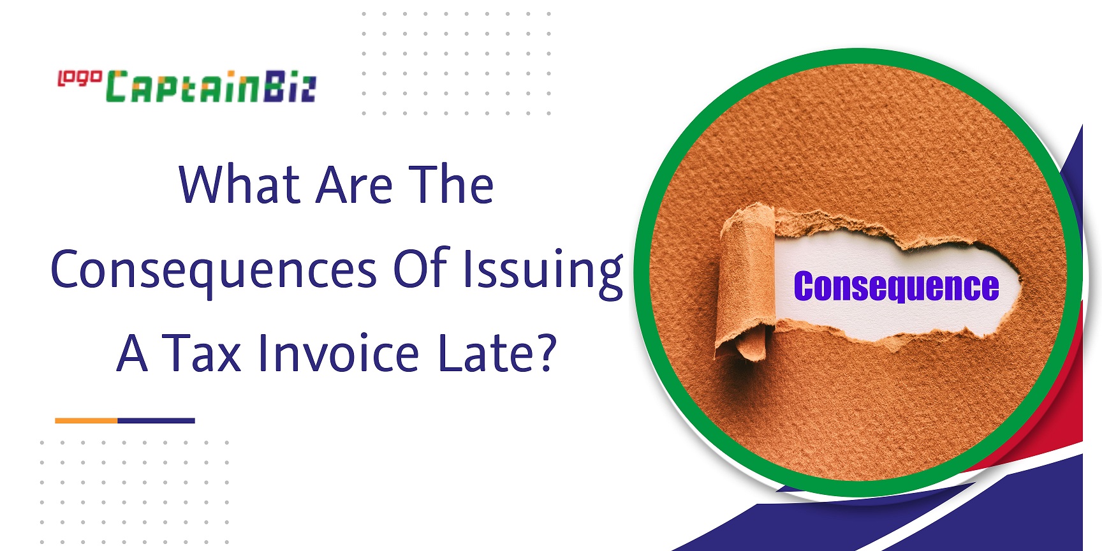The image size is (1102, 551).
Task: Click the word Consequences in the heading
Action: pyautogui.click(x=214, y=271)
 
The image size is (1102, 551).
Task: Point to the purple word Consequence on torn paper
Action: pyautogui.click(x=896, y=286)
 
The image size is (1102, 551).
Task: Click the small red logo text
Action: pyautogui.click(x=80, y=78)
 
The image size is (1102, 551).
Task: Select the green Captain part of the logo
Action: pyautogui.click(x=183, y=87)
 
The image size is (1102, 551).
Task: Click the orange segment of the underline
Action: pyautogui.click(x=86, y=421)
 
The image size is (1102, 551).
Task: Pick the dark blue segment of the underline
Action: pyautogui.click(x=156, y=421)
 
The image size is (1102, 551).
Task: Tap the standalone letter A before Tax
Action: pyautogui.click(x=133, y=353)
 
